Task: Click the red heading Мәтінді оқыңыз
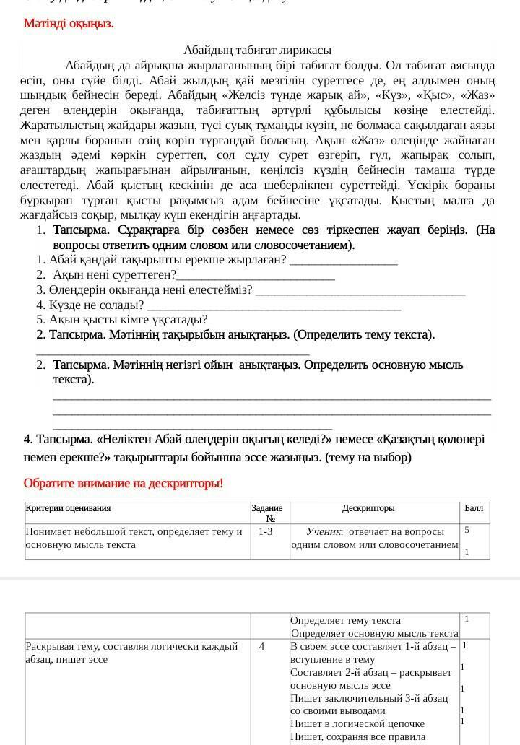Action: pos(69,23)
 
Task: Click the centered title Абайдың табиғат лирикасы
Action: pos(257,51)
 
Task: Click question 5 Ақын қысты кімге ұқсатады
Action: pos(122,319)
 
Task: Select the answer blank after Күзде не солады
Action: pos(274,305)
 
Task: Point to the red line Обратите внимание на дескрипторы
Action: pos(123,483)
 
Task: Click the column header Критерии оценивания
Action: pos(69,508)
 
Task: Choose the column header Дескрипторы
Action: pos(368,508)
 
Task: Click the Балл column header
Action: pos(474,508)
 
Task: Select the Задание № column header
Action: pos(267,513)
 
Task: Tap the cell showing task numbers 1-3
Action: pos(266,531)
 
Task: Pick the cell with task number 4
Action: pos(261,646)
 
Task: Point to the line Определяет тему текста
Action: pos(345,620)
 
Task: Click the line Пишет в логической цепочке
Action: pos(357,723)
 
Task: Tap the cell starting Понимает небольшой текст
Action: pos(134,538)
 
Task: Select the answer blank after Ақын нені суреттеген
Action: pos(256,276)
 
